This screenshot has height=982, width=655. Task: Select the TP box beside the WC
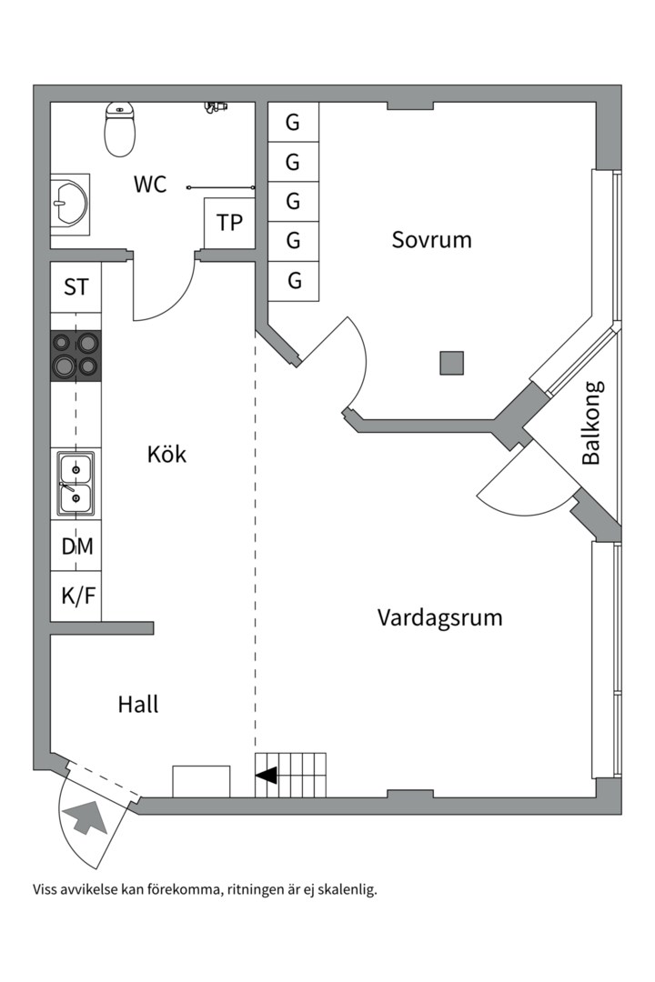click(x=229, y=221)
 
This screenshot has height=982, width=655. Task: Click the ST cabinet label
click(x=76, y=287)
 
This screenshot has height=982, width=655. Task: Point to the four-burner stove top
click(x=76, y=355)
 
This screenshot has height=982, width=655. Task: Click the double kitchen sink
click(x=76, y=484)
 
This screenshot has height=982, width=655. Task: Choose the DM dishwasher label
click(x=76, y=546)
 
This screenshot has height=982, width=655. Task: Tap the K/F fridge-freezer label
click(x=76, y=596)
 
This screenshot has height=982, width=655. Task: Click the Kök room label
click(x=166, y=454)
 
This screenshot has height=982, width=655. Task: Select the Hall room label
click(x=138, y=704)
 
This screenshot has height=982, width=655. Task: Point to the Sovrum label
click(x=431, y=240)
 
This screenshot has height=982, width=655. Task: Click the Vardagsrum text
click(x=440, y=618)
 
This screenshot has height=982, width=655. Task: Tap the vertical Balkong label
click(x=592, y=423)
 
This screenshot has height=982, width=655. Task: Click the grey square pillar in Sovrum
click(x=452, y=363)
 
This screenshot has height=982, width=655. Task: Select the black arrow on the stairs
click(x=267, y=776)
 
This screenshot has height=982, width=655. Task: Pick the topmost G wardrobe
click(x=293, y=122)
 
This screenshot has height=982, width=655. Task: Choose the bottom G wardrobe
click(x=294, y=281)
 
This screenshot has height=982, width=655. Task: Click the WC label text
click(x=150, y=185)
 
